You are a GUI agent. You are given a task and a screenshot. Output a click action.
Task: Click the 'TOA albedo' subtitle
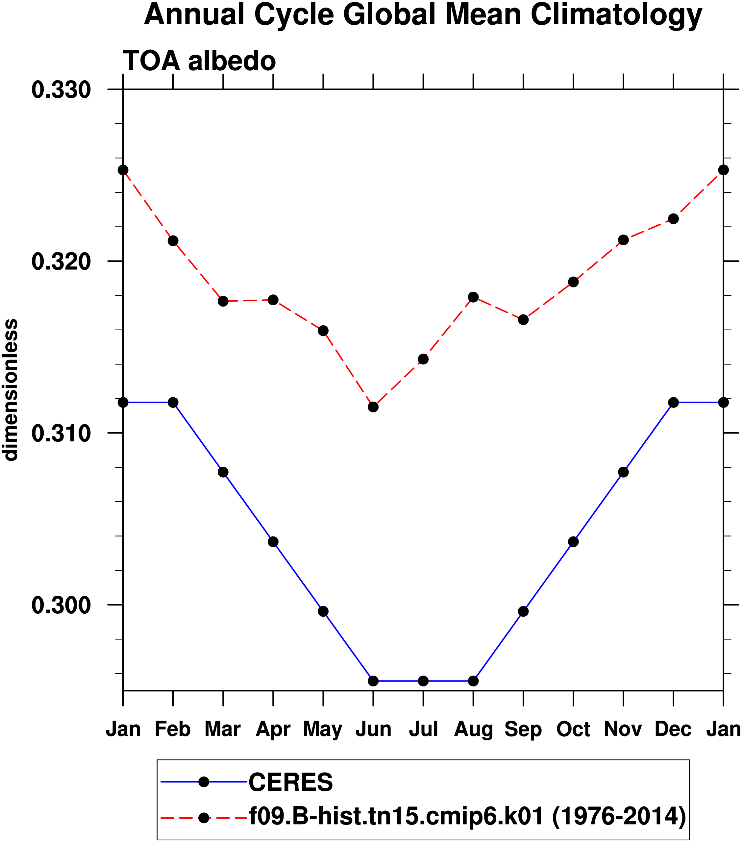pos(199,61)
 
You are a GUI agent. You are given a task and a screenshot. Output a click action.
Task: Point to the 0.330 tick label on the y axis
pos(61,90)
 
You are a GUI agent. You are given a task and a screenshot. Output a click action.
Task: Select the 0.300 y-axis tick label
pos(61,605)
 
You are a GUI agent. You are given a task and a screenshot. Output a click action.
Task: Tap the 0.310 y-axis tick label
pos(61,433)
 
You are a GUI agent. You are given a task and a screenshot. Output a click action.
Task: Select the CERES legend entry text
pos(291,782)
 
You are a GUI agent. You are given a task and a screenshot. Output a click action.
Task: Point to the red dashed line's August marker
pos(473,297)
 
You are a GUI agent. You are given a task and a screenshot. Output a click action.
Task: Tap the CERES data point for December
pos(674,403)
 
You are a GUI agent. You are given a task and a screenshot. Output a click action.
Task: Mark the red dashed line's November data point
pos(624,240)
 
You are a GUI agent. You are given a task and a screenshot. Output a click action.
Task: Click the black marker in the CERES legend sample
pos(204,782)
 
